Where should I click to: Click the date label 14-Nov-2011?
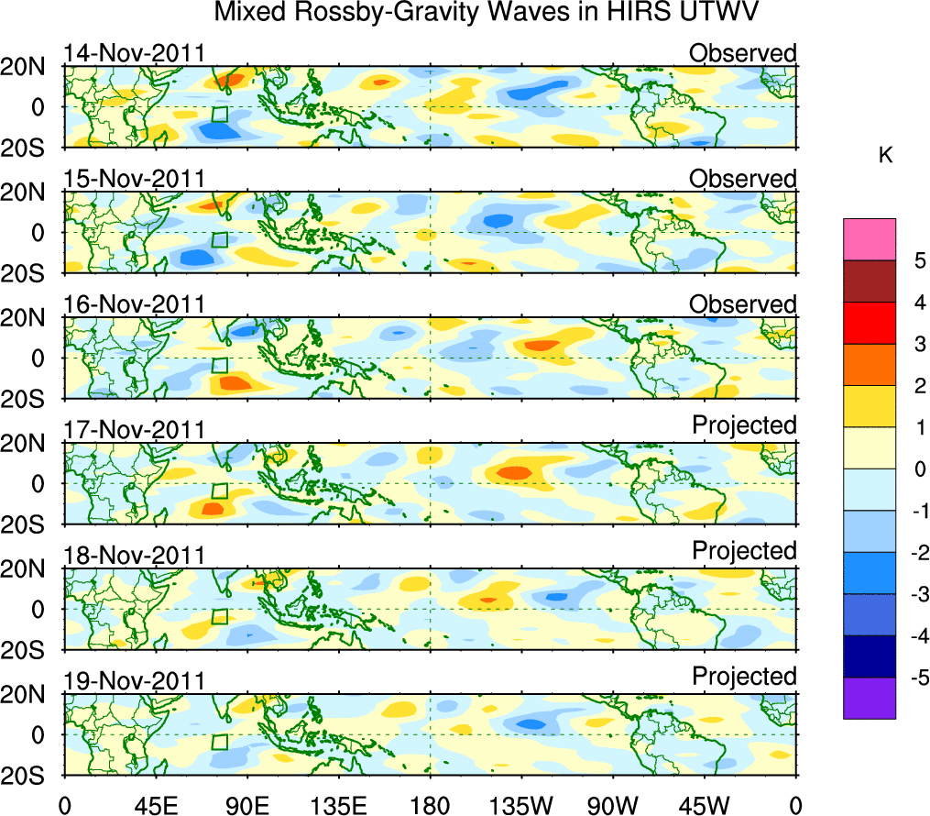134,52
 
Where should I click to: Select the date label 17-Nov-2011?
134,429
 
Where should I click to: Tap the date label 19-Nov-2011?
134,680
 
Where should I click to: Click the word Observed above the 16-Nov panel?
742,303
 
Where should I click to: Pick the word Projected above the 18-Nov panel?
744,550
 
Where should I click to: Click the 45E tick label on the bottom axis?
156,806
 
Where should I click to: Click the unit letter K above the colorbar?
885,156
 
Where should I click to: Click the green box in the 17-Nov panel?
219,491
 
